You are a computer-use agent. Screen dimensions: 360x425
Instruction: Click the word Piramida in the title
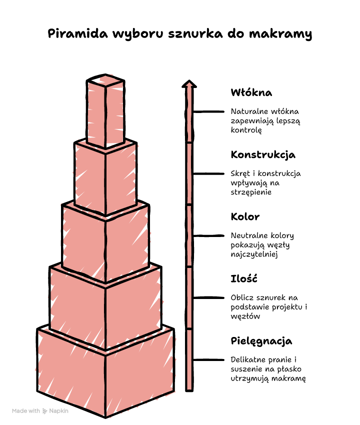[78, 33]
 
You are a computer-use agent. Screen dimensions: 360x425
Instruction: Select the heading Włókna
[251, 92]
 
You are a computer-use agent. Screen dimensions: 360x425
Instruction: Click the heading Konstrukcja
[263, 155]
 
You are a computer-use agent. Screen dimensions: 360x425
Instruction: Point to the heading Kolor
[245, 216]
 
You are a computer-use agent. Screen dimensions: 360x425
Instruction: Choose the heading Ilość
[244, 278]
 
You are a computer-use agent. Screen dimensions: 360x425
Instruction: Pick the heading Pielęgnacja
[261, 341]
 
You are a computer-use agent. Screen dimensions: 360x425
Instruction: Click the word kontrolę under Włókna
[246, 130]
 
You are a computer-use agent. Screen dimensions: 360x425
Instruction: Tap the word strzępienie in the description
[251, 192]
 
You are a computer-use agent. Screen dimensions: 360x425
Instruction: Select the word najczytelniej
[254, 254]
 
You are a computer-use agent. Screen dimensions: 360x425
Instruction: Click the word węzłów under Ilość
[245, 316]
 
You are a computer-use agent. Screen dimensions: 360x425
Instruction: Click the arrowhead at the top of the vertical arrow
[189, 84]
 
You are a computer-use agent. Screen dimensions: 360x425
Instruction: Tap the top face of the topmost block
[105, 79]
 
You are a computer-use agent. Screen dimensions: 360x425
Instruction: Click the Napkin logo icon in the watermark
[44, 411]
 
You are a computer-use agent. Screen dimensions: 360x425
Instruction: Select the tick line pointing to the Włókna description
[208, 111]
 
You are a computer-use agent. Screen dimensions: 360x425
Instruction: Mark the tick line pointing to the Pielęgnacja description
[208, 360]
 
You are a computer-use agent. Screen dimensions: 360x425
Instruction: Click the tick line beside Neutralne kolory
[208, 236]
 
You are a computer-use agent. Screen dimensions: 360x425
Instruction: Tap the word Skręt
[240, 173]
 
